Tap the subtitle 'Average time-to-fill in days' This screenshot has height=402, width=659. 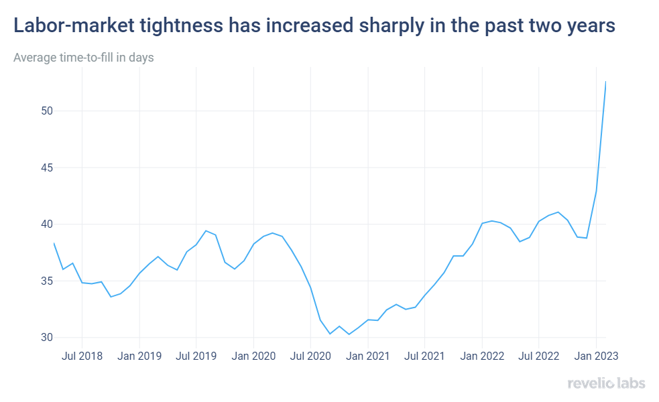tap(84, 58)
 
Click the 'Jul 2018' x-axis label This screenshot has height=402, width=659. tap(82, 355)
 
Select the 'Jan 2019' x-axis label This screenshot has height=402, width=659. tap(139, 355)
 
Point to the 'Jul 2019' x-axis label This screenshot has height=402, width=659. tap(196, 355)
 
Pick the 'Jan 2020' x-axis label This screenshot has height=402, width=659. tap(253, 355)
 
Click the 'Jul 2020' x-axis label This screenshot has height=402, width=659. tap(310, 355)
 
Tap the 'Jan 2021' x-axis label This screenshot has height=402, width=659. tap(368, 355)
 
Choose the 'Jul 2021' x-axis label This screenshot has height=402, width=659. tap(424, 355)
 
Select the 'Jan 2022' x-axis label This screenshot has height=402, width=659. tap(482, 355)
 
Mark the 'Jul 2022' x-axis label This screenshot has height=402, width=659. tap(538, 355)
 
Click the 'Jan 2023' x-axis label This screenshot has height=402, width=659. tap(596, 355)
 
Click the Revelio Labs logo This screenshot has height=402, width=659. tap(606, 383)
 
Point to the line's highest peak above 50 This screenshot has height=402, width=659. tap(605, 82)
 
